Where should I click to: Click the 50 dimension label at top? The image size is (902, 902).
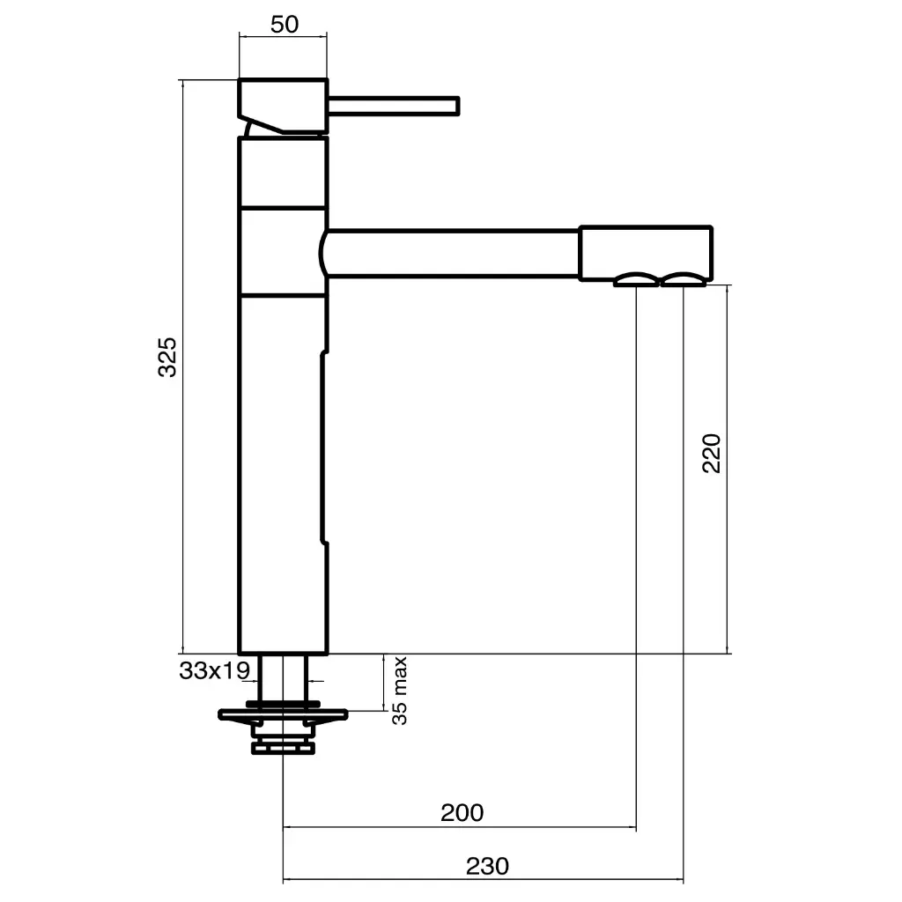(x=284, y=24)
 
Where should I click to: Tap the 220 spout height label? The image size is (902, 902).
(x=712, y=453)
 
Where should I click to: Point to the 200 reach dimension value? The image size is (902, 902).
(x=462, y=812)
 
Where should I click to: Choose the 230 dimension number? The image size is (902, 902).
(x=487, y=866)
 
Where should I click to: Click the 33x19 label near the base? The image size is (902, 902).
(x=215, y=671)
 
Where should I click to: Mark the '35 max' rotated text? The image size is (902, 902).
(x=400, y=690)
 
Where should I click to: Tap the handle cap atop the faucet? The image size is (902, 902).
(x=282, y=104)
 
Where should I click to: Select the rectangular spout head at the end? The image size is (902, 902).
(x=645, y=254)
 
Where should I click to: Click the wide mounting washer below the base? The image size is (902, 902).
(x=283, y=714)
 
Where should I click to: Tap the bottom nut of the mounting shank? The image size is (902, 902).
(x=283, y=748)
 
